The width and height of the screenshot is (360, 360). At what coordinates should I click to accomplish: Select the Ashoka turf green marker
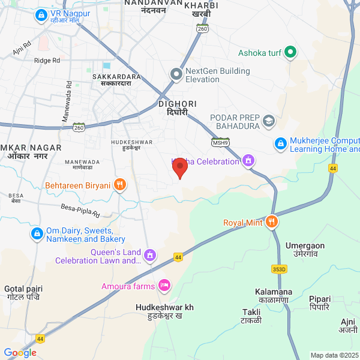pos(290,53)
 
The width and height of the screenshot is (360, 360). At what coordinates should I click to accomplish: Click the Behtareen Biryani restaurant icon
pos(120,185)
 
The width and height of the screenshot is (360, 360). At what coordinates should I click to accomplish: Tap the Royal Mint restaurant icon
pos(272,222)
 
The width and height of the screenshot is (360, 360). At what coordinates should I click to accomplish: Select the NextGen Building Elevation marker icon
pos(176,74)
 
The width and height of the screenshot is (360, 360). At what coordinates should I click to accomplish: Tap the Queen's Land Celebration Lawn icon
pos(150,256)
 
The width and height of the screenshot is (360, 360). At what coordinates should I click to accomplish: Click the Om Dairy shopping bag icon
pos(37,233)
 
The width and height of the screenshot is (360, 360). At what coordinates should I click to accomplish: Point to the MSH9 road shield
pos(220,143)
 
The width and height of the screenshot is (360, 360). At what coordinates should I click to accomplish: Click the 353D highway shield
pos(279,269)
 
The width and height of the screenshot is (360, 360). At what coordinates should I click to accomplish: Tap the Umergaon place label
pos(305,249)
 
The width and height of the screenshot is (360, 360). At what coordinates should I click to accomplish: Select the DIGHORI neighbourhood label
pos(173,108)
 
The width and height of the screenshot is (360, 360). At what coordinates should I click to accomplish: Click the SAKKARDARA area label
pos(117,80)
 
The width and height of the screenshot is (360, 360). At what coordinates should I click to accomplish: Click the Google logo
pos(20,353)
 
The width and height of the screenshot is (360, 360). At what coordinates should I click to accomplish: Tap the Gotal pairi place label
pos(22,293)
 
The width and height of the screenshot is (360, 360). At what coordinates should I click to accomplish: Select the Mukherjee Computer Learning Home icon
pos(280,144)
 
